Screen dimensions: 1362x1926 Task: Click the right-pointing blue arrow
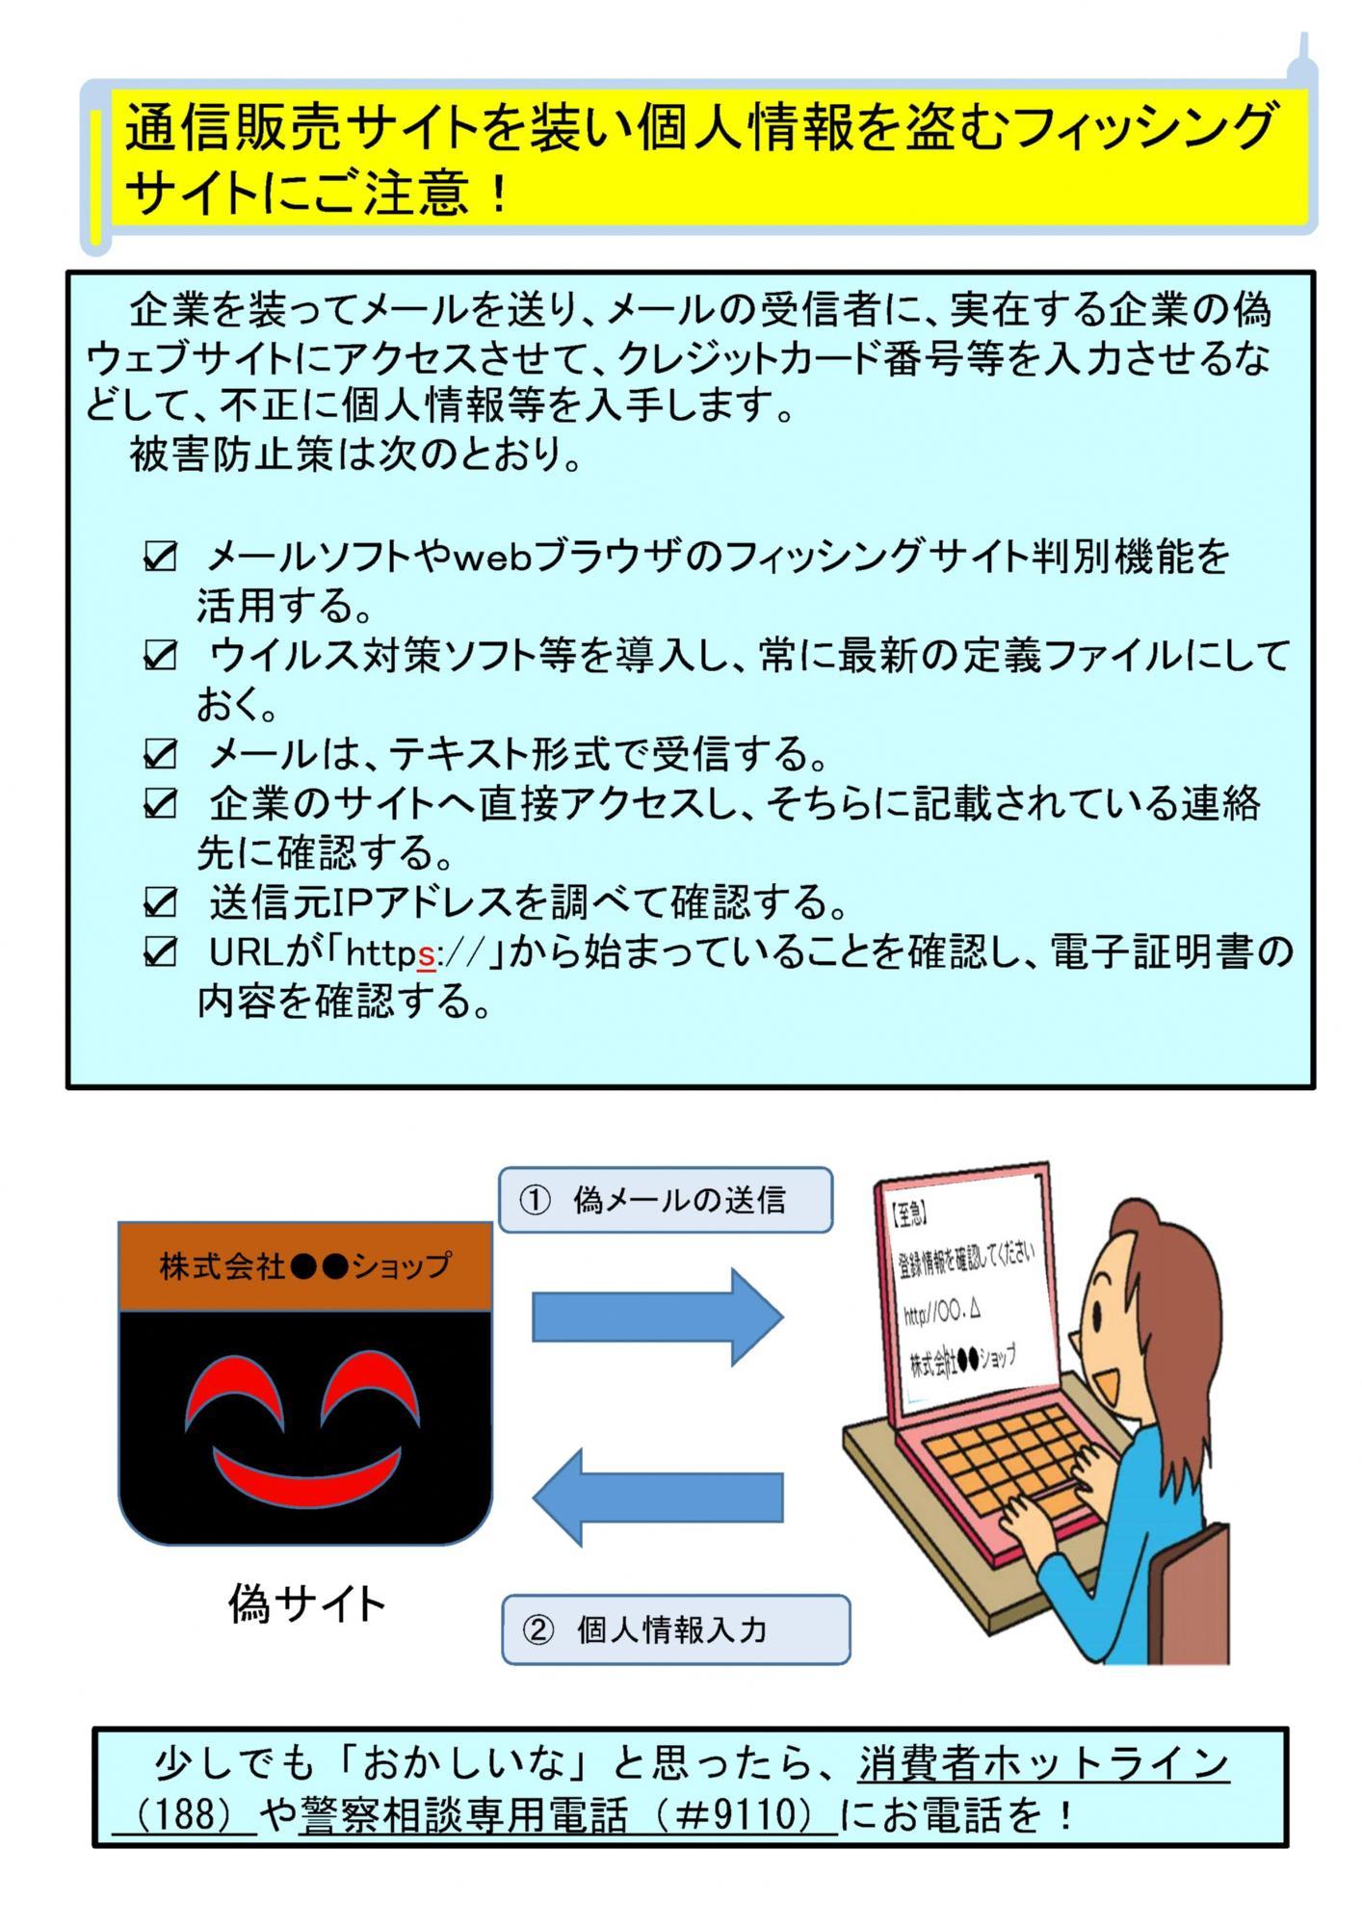[658, 1317]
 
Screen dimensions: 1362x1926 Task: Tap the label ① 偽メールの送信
[666, 1200]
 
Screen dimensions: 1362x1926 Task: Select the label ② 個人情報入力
[675, 1629]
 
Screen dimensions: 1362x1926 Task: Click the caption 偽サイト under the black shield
[306, 1604]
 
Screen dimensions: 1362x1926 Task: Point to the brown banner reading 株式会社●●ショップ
[305, 1266]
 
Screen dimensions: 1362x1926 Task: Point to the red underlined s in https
[427, 954]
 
